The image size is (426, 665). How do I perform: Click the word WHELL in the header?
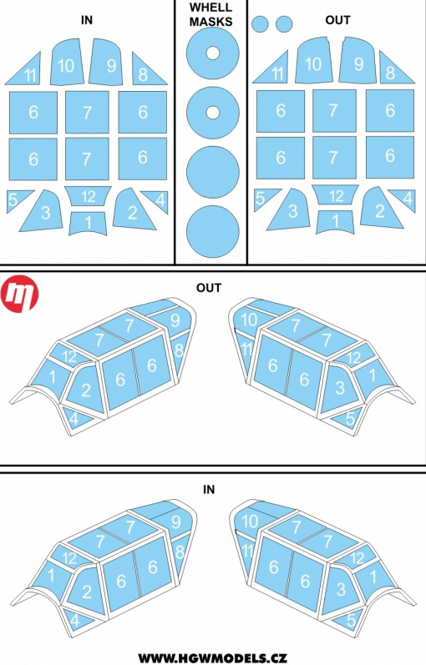(x=211, y=8)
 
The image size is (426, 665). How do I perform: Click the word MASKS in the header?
(x=211, y=22)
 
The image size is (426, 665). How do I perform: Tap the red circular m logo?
(x=19, y=295)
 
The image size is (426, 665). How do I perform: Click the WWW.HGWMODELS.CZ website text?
(x=212, y=657)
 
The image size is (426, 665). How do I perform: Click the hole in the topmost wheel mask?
(x=213, y=53)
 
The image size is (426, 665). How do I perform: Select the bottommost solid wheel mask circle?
(x=213, y=232)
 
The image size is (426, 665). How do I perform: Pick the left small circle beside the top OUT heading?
(x=260, y=23)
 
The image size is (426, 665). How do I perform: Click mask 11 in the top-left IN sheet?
(x=26, y=70)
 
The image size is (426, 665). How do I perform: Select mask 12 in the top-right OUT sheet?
(x=335, y=194)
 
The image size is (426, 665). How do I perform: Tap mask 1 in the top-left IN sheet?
(x=88, y=223)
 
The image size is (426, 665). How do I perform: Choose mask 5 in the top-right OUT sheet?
(x=264, y=199)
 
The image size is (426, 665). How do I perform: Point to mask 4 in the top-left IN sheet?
(x=157, y=199)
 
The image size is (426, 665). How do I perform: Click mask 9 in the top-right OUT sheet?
(x=358, y=62)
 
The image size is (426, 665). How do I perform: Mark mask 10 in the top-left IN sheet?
(x=66, y=63)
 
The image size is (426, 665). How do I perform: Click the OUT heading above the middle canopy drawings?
(x=209, y=288)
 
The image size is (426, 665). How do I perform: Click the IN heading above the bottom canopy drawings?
(x=209, y=490)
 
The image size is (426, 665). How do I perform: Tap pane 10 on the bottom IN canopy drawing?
(x=251, y=520)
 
